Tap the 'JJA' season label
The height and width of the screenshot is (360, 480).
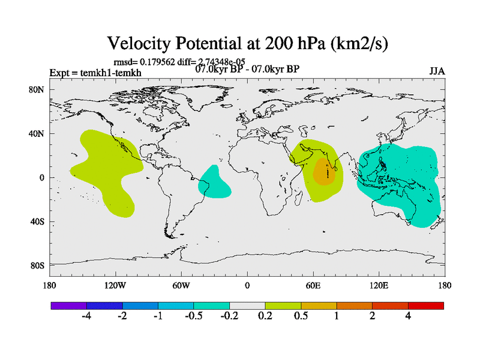coord(436,71)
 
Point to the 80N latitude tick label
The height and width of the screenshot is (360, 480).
coord(38,90)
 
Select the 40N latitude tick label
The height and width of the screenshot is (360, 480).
coord(38,134)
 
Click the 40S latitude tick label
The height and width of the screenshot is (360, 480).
coord(38,221)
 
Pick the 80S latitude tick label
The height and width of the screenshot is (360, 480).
coord(38,265)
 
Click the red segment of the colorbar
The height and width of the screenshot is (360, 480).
coord(425,305)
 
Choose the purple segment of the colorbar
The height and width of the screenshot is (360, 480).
coord(69,305)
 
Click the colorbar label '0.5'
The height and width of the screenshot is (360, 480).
coord(301,316)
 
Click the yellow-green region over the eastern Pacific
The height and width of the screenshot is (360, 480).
coord(105,168)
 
